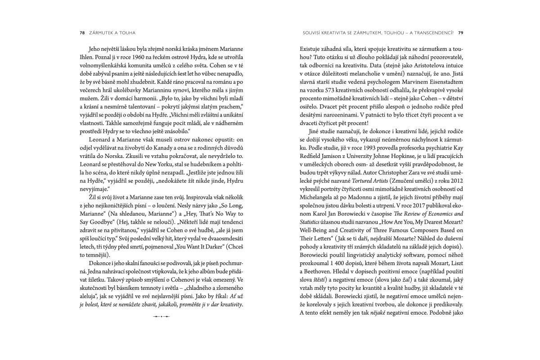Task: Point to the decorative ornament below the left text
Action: [161, 317]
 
